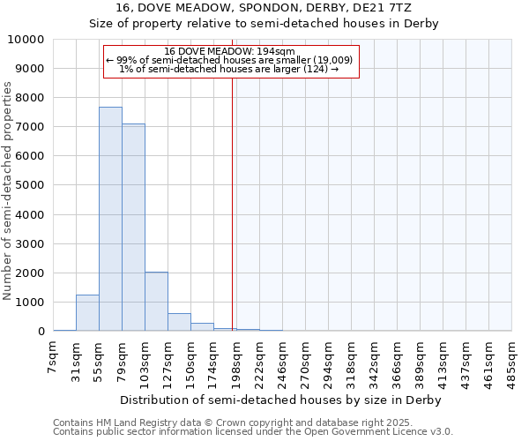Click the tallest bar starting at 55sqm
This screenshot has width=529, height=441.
(x=110, y=219)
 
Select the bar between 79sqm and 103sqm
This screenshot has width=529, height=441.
(x=133, y=228)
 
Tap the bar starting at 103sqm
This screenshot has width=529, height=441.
(x=156, y=302)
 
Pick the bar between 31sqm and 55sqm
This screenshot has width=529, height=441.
(x=87, y=313)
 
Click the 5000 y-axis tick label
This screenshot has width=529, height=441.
(x=32, y=185)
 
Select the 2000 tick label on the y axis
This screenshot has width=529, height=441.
(x=32, y=273)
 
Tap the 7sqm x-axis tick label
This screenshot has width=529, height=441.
(x=54, y=357)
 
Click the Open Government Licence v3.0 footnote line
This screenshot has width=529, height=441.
(x=253, y=432)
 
